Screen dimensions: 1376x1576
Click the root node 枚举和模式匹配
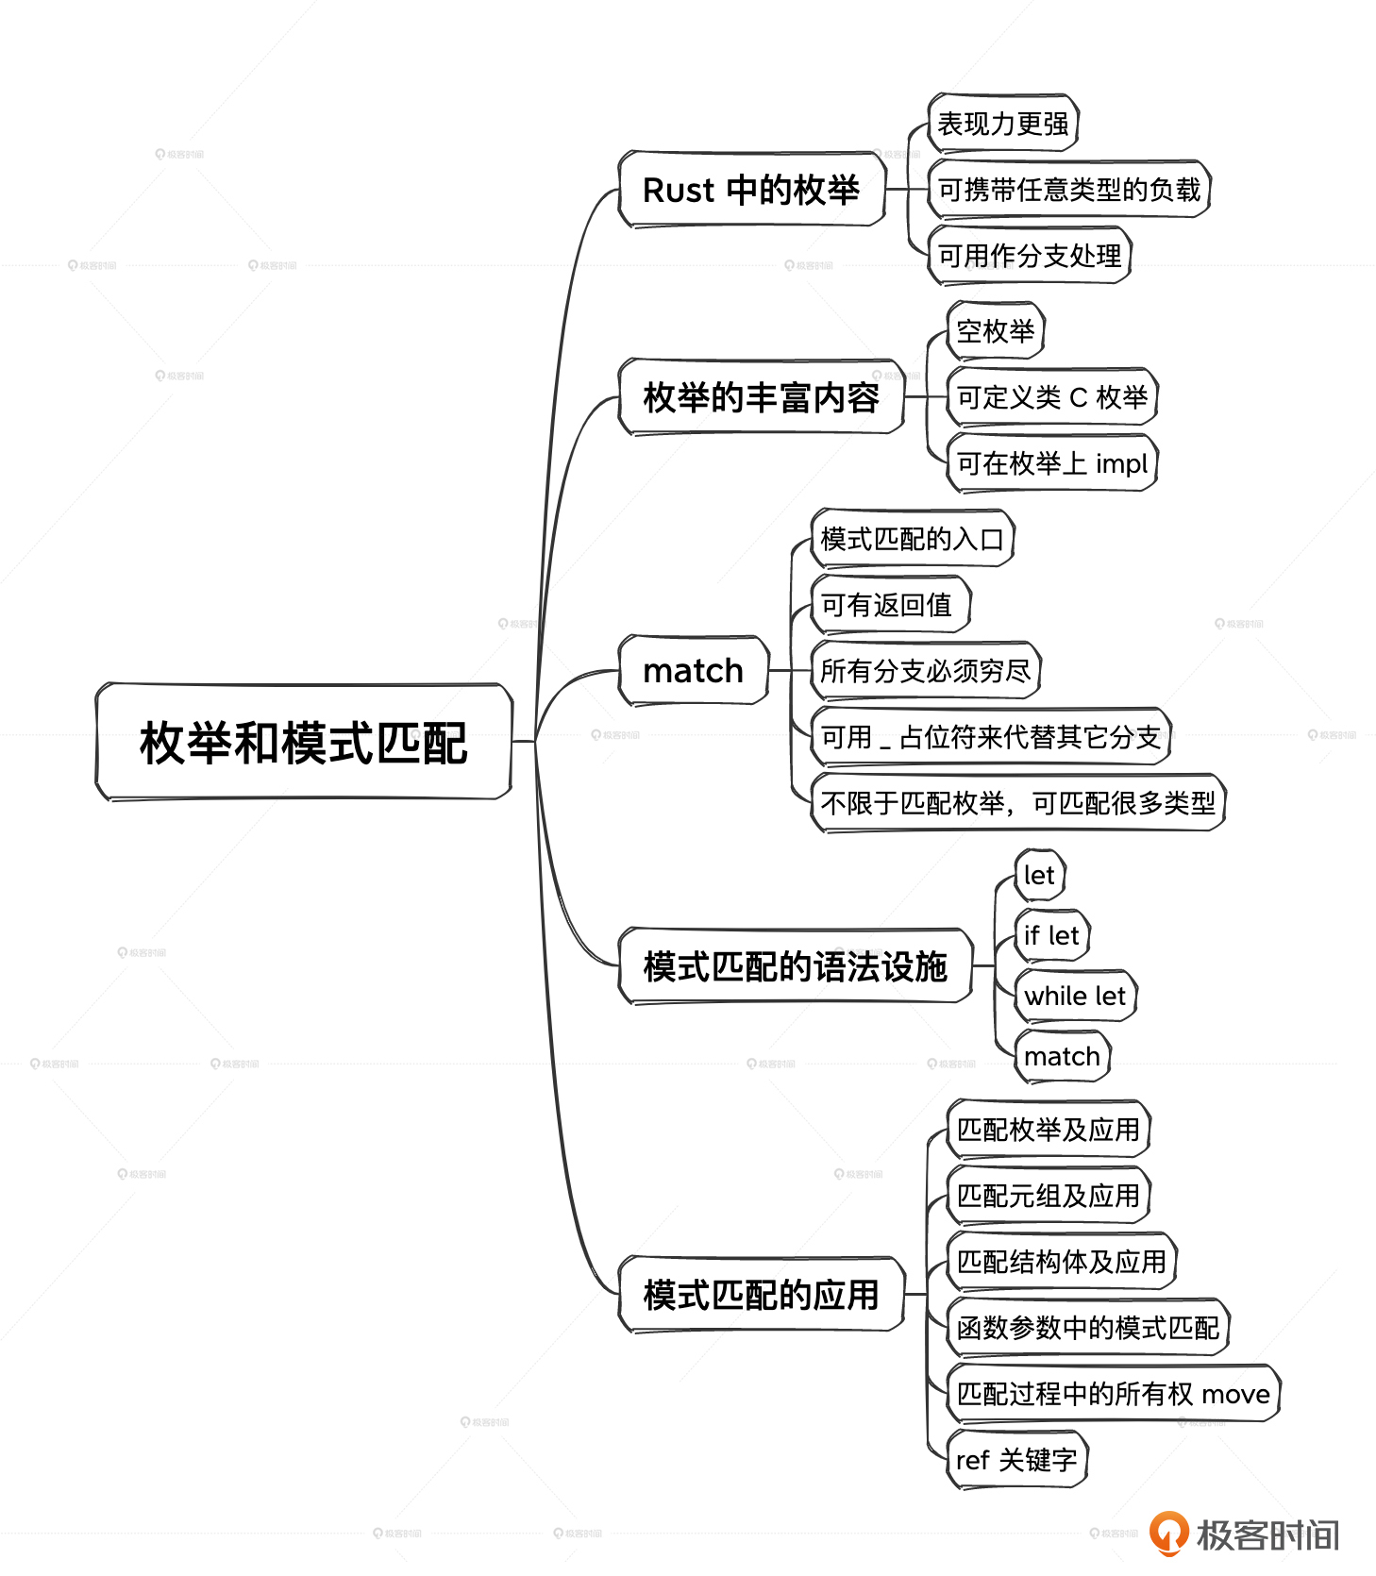[304, 742]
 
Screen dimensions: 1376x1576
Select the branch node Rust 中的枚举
[752, 189]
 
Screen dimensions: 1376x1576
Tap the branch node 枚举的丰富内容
[761, 396]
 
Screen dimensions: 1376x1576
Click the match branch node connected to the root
[694, 670]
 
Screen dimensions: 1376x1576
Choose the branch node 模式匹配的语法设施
[795, 965]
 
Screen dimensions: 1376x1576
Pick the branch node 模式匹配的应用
[761, 1294]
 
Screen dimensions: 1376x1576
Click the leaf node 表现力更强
[1003, 124]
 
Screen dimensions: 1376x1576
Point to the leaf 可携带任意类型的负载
[1068, 190]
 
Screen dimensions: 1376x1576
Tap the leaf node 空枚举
[996, 331]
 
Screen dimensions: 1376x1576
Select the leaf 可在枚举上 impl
[1051, 463]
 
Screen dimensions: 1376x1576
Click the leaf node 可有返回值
[890, 605]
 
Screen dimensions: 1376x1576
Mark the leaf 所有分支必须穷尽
[925, 671]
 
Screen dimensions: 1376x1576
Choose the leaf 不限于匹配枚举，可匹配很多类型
[1017, 803]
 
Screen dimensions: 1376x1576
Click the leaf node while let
[1075, 996]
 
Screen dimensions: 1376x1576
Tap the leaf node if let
[1051, 935]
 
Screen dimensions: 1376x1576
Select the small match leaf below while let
[1062, 1056]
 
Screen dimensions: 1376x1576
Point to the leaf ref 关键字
[1016, 1460]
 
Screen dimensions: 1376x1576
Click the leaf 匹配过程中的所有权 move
[1113, 1394]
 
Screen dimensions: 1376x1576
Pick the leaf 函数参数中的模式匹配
[1087, 1328]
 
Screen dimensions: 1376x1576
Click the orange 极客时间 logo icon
[1168, 1532]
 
